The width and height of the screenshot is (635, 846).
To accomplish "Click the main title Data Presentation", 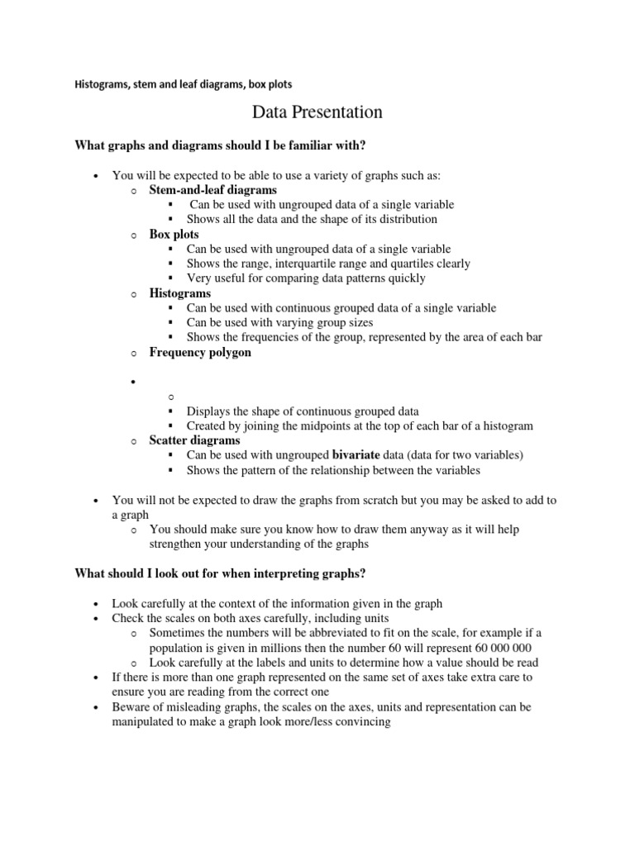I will [317, 112].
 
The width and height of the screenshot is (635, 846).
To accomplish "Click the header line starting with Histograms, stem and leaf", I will [183, 84].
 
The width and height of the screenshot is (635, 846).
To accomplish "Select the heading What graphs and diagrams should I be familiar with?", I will [220, 146].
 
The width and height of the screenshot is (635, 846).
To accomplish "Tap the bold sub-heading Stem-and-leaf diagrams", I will [212, 190].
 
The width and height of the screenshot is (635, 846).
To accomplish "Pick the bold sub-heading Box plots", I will [174, 235].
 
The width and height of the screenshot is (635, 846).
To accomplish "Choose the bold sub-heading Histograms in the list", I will [179, 293].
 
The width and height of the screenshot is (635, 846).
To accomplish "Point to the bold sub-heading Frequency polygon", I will [200, 353].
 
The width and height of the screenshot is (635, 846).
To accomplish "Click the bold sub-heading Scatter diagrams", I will [194, 441].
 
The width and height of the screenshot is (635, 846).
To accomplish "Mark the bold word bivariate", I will [356, 455].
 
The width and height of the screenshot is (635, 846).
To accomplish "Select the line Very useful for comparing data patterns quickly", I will [306, 278].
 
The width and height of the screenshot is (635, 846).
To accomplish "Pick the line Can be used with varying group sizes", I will [279, 323].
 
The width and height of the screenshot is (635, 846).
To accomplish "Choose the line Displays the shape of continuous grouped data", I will [303, 411].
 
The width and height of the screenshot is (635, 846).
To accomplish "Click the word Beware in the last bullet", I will [131, 707].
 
